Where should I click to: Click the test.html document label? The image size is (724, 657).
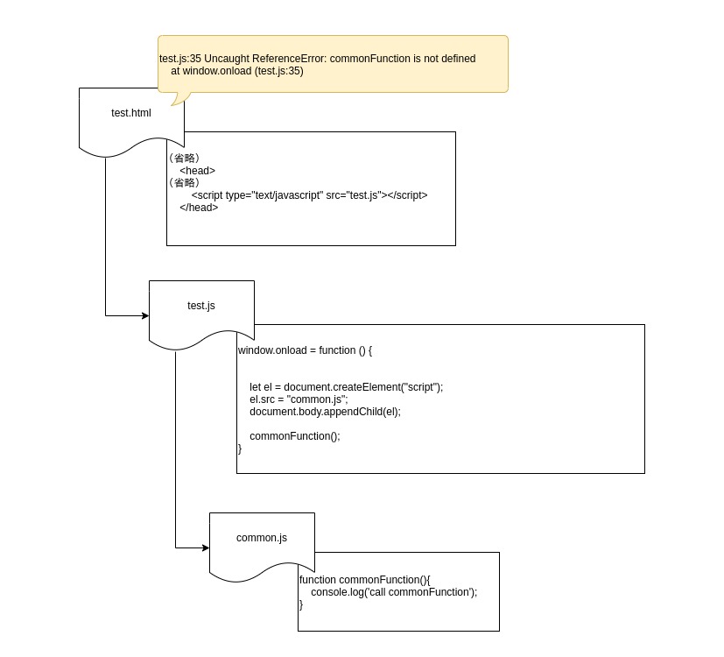tap(131, 113)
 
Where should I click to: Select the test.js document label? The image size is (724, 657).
tap(200, 306)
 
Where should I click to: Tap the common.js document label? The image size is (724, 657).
tap(262, 538)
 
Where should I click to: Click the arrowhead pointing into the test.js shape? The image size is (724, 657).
tap(145, 315)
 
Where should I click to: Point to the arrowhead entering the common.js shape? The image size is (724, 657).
tap(206, 548)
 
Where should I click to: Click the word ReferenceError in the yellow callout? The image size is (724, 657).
tap(290, 59)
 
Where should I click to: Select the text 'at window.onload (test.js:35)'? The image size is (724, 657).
tap(237, 71)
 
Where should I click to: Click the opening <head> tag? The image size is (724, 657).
tap(198, 171)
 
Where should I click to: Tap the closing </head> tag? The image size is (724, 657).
tap(199, 208)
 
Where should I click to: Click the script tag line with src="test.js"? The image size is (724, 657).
tap(309, 195)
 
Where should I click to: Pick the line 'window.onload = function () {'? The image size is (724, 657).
tap(305, 350)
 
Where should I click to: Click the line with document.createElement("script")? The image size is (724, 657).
tap(347, 387)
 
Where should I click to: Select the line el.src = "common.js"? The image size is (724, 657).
tap(299, 399)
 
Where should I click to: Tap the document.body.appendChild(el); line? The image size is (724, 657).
tap(325, 412)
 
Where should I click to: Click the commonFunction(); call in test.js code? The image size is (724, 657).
tap(294, 436)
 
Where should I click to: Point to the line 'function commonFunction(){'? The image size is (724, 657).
tap(365, 580)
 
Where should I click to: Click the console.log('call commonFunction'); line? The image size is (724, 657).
tap(394, 592)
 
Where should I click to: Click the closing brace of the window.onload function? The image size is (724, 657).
tap(240, 449)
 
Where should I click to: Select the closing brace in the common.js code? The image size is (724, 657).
tap(301, 604)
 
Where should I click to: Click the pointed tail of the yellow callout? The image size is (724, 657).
tap(172, 105)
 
